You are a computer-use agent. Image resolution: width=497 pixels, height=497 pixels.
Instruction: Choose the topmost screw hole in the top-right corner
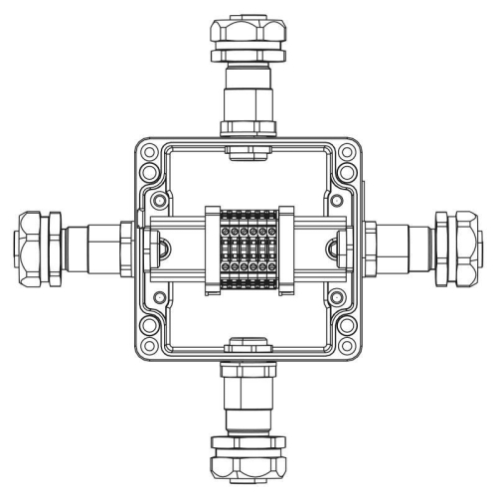click(x=346, y=154)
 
